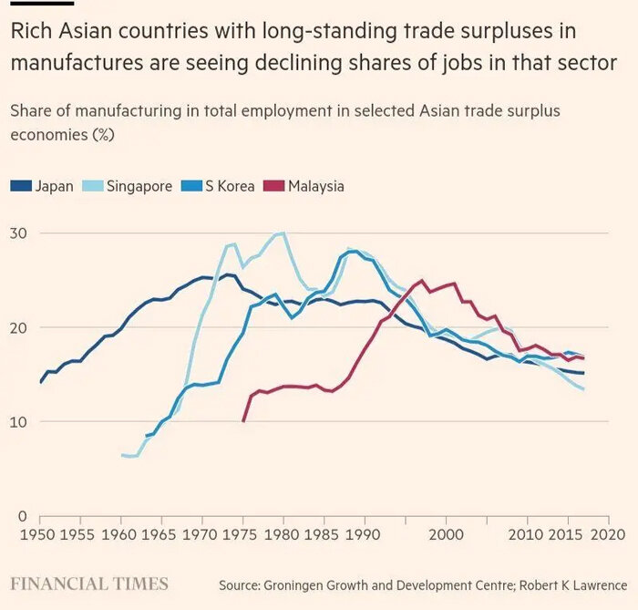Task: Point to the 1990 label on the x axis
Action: [365, 535]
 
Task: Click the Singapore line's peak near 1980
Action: [283, 233]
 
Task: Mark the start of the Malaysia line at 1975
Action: [243, 421]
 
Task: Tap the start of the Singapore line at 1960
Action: [122, 454]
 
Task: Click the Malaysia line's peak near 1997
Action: [421, 281]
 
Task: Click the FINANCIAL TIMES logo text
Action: [89, 584]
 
